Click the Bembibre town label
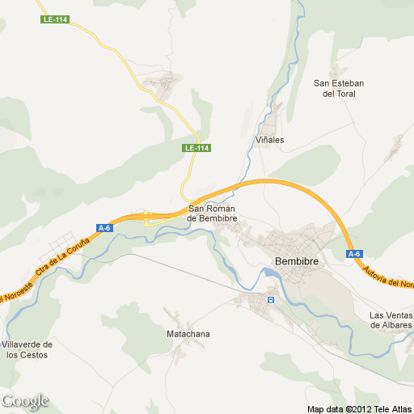click(x=298, y=262)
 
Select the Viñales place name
click(x=270, y=140)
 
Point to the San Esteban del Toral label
click(x=340, y=88)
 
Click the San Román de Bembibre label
click(x=211, y=213)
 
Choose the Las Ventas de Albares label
click(x=391, y=320)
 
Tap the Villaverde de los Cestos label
click(x=27, y=349)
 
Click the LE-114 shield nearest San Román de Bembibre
click(x=196, y=148)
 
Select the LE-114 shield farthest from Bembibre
click(x=54, y=19)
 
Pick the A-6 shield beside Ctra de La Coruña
click(x=103, y=228)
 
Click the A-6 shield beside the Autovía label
click(x=354, y=254)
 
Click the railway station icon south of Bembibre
click(x=271, y=299)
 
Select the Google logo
click(x=25, y=401)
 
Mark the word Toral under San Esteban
click(x=340, y=94)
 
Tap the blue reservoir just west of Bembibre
click(x=269, y=279)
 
